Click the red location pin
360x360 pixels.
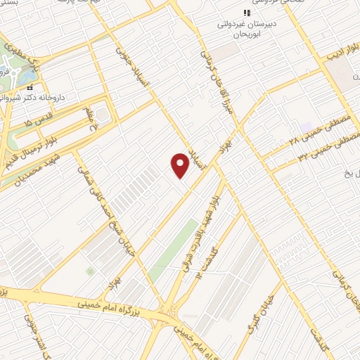click(180, 166)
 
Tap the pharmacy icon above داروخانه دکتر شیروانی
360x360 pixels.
click(30, 88)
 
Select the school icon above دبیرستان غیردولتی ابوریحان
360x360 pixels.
click(246, 12)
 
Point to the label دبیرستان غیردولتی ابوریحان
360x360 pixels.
click(248, 27)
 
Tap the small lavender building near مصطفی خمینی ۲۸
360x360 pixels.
click(307, 128)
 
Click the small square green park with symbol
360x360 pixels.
click(89, 270)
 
